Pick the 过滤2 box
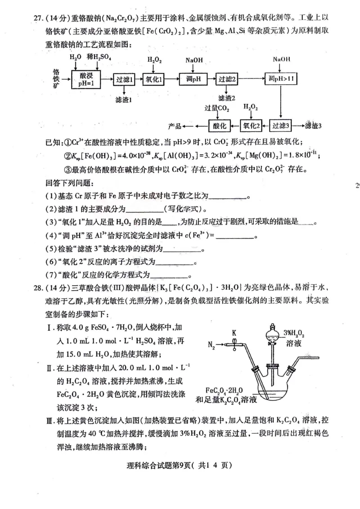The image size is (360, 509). click(x=228, y=79)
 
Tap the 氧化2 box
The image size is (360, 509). click(x=252, y=125)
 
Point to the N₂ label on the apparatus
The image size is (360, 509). click(x=212, y=345)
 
